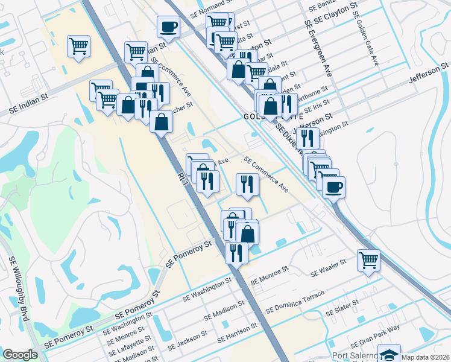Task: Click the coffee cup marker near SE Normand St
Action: (x=168, y=27)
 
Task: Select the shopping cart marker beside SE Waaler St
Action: (x=368, y=261)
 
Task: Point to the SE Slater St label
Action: (x=342, y=308)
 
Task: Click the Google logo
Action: (x=20, y=355)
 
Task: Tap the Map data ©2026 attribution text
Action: (x=425, y=357)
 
